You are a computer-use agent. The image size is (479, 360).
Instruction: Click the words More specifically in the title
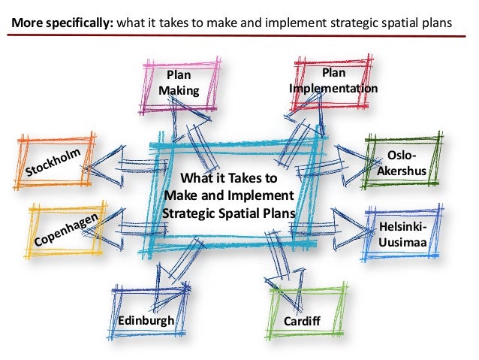point(61,23)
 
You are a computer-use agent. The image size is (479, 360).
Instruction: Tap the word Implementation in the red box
point(333,89)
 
